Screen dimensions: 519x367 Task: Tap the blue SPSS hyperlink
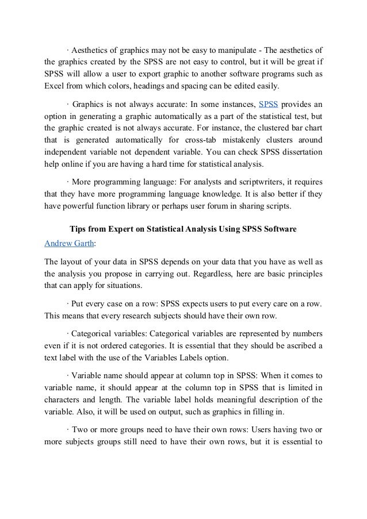[269, 104]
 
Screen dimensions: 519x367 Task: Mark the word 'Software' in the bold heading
[280, 230]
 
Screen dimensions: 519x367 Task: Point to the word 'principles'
[301, 272]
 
